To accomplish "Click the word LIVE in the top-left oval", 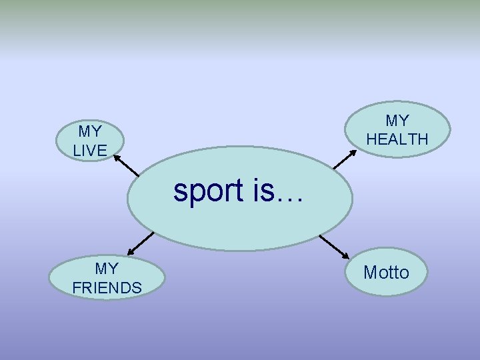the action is [90, 151].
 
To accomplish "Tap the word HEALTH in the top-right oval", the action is [397, 139].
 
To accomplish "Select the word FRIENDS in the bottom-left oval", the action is [107, 288].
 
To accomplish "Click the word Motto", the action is [386, 272].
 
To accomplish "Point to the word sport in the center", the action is [209, 191].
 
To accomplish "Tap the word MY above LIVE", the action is [90, 131].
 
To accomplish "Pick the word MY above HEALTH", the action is [397, 121].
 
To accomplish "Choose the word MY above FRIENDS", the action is [107, 269].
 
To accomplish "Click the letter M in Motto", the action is [369, 272].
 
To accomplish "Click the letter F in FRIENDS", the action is [76, 288].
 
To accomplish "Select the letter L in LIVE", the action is [77, 151].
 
